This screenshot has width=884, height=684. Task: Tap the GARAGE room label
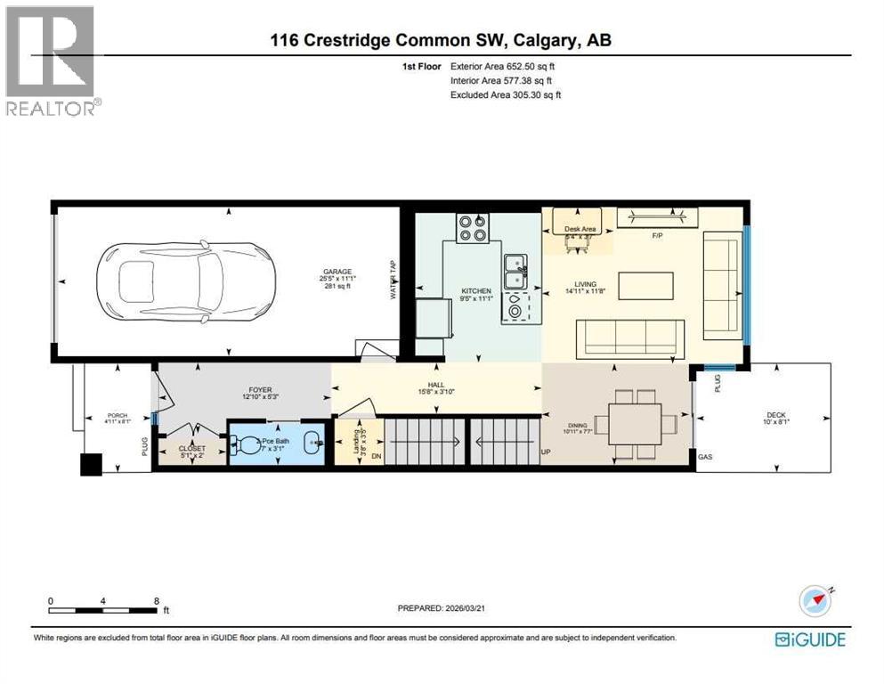pyautogui.click(x=337, y=273)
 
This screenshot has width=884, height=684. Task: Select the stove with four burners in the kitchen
pyautogui.click(x=473, y=228)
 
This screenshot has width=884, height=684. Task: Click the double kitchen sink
pyautogui.click(x=515, y=272)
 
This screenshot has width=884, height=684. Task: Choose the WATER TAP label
pyautogui.click(x=393, y=279)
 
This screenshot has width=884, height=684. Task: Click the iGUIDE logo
pyautogui.click(x=809, y=639)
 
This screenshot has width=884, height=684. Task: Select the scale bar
pyautogui.click(x=108, y=610)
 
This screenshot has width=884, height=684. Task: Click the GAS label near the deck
pyautogui.click(x=705, y=456)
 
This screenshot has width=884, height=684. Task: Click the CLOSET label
pyautogui.click(x=191, y=449)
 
